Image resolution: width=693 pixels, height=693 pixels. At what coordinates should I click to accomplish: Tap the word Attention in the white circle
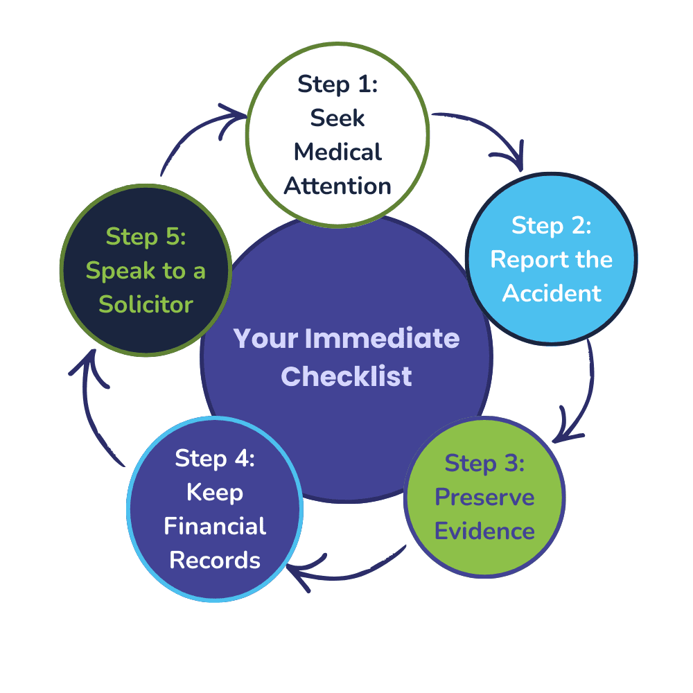338,186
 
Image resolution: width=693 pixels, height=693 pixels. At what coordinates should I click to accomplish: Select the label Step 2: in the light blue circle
551,225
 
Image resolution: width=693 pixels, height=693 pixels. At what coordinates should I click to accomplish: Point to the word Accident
552,292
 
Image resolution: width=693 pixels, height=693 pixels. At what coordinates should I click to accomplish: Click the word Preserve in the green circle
484,498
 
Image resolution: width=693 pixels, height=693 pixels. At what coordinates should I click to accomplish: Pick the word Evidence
484,532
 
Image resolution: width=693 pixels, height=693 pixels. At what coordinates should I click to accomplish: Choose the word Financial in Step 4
215,526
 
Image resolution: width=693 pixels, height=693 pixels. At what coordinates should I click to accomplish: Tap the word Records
215,560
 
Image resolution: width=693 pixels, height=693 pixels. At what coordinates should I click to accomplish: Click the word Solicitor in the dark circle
146,304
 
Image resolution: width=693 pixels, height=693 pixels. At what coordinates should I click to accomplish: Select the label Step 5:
146,236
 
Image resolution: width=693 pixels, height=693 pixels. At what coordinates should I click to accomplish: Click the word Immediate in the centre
383,339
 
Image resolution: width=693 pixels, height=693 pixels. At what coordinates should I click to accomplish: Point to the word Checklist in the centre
346,376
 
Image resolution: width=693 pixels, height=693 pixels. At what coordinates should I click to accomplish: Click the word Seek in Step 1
338,118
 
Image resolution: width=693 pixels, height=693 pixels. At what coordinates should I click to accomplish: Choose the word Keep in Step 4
215,492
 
